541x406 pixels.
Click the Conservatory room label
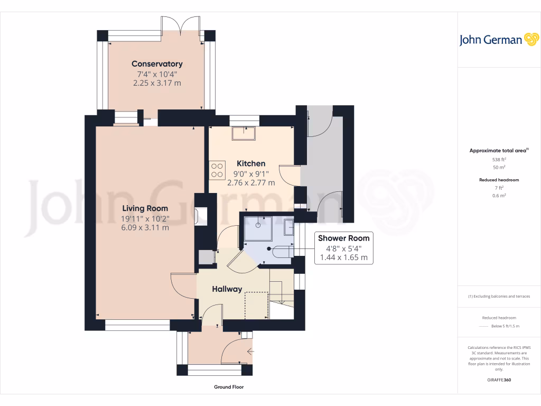coord(157,64)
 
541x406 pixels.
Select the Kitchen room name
coord(251,163)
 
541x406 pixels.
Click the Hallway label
coord(227,289)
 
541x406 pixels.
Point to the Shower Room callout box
coord(343,248)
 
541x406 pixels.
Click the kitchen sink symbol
coord(244,134)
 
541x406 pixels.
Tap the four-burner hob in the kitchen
coord(217,170)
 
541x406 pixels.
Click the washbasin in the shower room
coord(289,227)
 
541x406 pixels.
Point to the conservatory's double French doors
coord(181,26)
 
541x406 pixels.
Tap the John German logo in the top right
coord(498,40)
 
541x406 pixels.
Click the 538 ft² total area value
coord(499,159)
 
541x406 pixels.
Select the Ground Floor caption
coord(229,387)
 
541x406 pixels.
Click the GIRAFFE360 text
coord(499,380)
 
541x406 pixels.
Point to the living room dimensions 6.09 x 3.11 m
coord(145,228)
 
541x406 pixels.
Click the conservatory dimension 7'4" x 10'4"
coord(157,74)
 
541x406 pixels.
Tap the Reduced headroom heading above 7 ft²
coord(499,180)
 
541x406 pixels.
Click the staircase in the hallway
coord(281,293)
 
